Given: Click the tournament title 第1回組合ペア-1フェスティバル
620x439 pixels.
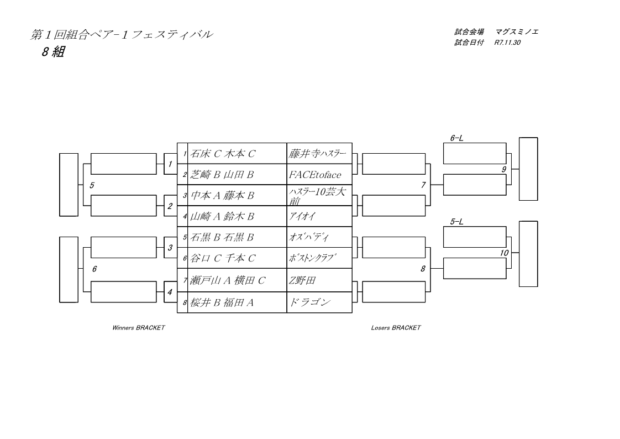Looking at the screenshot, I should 121,35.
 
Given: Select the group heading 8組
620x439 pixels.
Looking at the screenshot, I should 51,54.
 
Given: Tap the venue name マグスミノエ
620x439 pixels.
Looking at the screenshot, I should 517,32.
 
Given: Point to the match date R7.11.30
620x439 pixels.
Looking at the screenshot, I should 508,43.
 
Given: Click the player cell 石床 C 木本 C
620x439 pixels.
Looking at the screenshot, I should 223,154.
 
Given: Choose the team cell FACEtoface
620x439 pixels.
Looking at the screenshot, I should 315,175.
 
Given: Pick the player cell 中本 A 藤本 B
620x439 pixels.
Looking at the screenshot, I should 223,195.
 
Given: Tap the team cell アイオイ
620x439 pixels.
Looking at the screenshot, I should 302,216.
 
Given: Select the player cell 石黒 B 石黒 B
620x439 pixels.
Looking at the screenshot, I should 222,238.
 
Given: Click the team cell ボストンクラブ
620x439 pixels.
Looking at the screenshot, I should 313,258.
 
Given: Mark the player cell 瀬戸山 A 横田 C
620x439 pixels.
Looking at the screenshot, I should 228,281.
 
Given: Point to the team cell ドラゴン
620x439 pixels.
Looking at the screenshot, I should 309,302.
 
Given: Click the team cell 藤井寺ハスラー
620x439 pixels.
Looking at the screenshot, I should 317,154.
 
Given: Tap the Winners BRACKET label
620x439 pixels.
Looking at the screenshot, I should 138,328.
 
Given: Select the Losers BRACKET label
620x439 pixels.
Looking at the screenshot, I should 396,328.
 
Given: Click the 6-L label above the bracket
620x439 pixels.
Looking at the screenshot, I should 457,138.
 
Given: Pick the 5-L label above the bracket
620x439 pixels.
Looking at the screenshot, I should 457,222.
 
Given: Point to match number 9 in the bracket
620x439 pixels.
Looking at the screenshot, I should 504,170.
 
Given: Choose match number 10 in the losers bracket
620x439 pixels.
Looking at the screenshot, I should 504,253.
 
